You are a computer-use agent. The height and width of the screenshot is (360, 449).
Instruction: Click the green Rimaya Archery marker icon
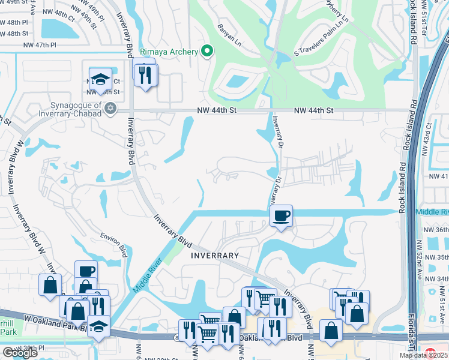pos(207,52)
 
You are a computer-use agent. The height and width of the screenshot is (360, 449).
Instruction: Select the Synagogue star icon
pos(109,108)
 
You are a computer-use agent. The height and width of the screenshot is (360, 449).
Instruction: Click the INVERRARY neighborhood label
pos(215,256)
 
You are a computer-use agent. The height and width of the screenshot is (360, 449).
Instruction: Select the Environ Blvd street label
pos(114,242)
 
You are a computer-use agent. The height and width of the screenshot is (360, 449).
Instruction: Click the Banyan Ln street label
pos(229,26)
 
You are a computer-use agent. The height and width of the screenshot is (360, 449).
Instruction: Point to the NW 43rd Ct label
pos(428,136)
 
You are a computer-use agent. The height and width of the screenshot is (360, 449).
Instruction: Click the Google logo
pos(20,353)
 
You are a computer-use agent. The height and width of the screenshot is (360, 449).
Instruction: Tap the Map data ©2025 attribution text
pos(423,355)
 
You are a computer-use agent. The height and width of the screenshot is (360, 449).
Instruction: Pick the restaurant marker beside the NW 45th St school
pos(145,75)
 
